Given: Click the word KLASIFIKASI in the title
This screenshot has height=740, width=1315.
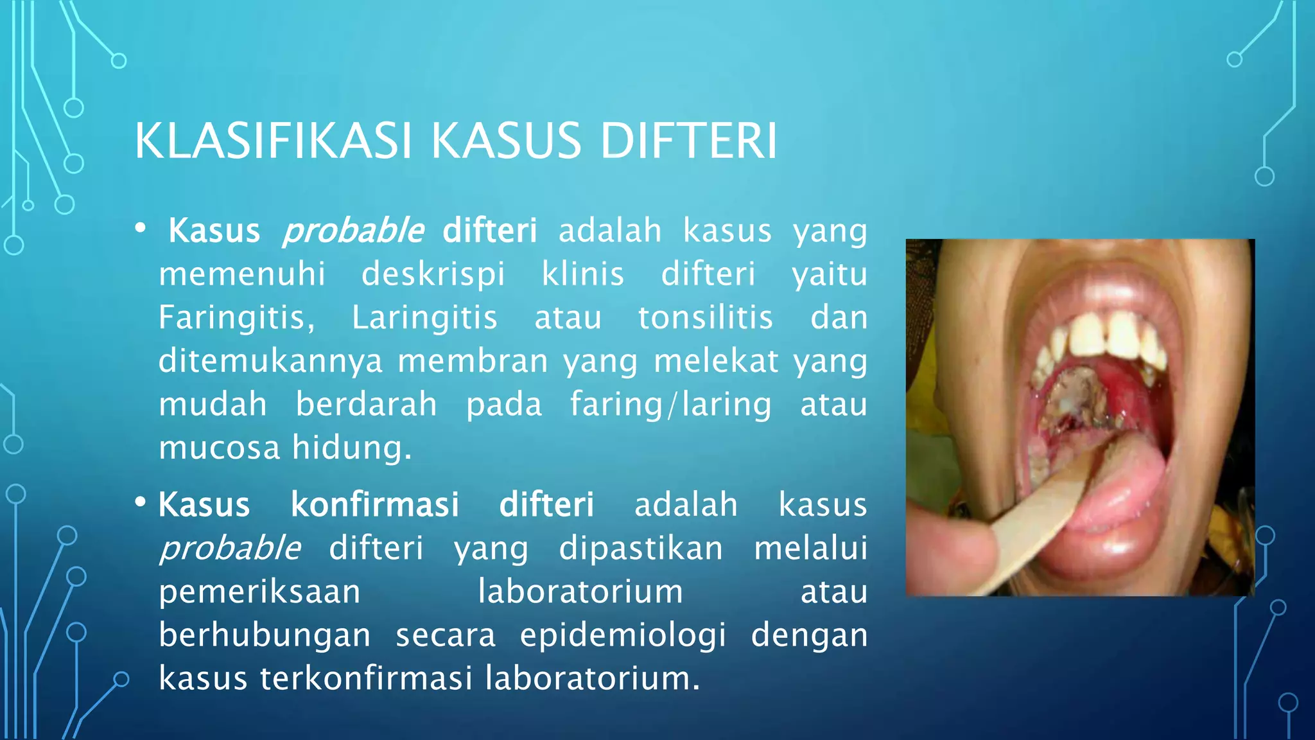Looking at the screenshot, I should pos(272,141).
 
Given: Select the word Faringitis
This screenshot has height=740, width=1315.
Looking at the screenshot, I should pos(236,317).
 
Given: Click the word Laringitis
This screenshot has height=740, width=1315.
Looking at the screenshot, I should pos(424,317).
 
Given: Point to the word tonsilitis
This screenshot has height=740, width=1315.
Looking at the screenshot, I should pos(705,317).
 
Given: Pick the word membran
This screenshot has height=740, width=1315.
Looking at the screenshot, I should pos(473,361).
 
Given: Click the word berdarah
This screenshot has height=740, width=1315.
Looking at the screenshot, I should pos(366,404).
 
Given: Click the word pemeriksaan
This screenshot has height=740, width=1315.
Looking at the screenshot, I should pos(259,592).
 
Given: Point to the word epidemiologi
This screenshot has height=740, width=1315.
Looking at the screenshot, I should pos(623,635).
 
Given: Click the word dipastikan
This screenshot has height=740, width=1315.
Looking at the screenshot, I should pos(640,548).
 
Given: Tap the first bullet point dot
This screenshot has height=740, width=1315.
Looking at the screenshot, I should pos(141,228).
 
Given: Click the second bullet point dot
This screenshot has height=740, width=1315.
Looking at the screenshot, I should pos(141,502).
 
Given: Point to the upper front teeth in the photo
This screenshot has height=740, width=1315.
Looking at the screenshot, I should pos(1104,334).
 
